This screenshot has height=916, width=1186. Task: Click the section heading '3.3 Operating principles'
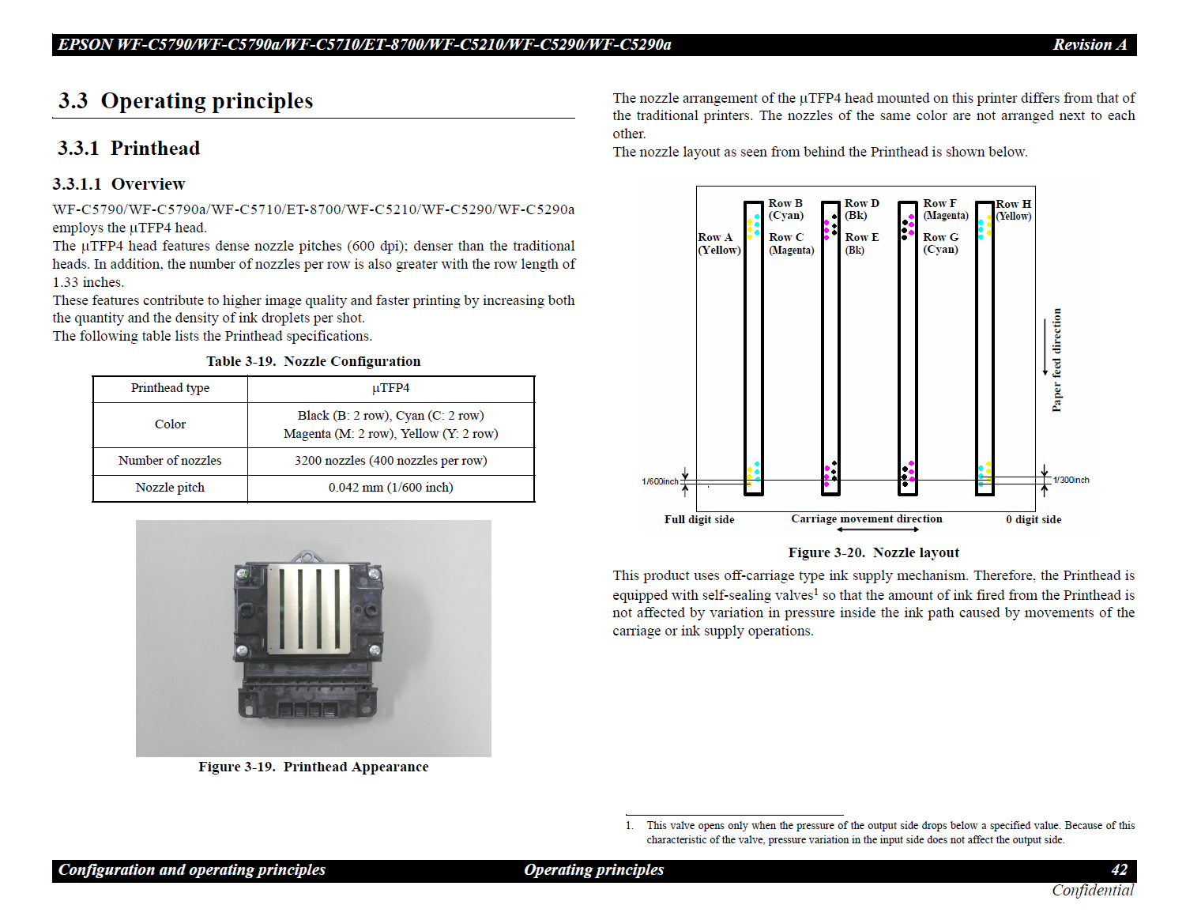[186, 101]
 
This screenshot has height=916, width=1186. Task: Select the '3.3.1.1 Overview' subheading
[119, 184]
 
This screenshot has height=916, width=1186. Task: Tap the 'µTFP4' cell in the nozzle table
[390, 388]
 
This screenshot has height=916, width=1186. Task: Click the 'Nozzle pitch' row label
[170, 488]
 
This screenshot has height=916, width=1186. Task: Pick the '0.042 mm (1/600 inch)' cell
[390, 488]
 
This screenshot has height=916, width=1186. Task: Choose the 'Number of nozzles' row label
[170, 461]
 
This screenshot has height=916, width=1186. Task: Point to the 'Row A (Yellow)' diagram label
[719, 243]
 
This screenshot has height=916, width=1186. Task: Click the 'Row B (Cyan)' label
[785, 209]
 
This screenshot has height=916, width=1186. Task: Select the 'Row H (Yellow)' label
[1013, 209]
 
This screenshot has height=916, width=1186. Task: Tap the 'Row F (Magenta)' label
[945, 209]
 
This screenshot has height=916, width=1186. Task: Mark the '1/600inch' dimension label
[660, 481]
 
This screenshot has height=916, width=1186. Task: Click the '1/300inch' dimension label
[1071, 480]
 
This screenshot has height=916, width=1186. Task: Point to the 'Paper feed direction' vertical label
[1056, 360]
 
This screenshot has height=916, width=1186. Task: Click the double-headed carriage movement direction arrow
[877, 530]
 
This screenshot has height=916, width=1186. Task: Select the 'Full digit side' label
[699, 519]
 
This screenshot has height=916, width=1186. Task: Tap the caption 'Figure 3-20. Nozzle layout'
[873, 552]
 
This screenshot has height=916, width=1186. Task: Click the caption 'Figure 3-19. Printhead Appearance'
[313, 767]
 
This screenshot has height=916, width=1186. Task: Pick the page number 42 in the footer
[1119, 870]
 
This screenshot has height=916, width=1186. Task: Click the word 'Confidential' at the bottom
[1093, 891]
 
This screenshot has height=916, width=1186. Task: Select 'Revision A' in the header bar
[1089, 45]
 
